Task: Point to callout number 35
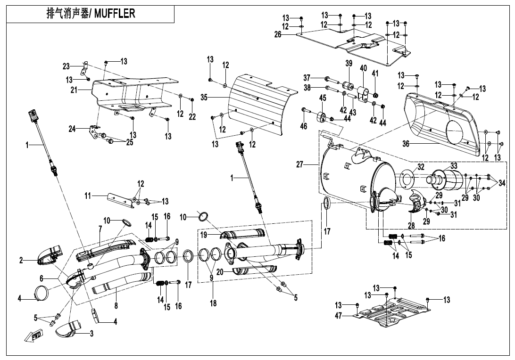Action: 204,97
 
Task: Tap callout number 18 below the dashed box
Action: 213,303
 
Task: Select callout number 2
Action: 21,261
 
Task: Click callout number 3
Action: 91,334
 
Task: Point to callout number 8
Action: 116,306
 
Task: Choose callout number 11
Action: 87,194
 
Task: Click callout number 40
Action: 363,68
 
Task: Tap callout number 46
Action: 304,126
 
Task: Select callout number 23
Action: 66,65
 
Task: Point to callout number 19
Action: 203,234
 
